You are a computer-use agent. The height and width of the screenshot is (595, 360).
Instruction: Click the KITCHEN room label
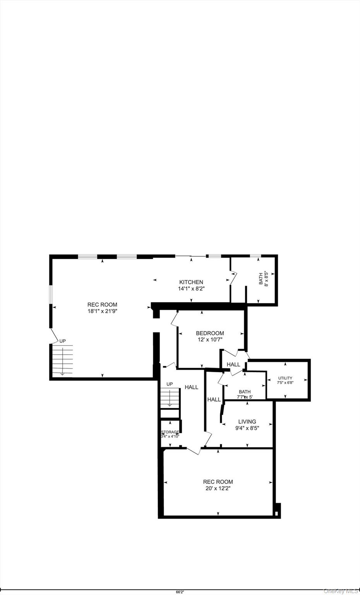pyautogui.click(x=191, y=282)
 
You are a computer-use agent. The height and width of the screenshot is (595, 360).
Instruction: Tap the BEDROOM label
pyautogui.click(x=210, y=333)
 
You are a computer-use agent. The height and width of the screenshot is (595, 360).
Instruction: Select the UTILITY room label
pyautogui.click(x=285, y=378)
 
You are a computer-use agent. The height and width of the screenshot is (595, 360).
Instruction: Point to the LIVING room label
pyautogui.click(x=247, y=421)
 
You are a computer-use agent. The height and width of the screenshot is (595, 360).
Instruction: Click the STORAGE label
pyautogui.click(x=170, y=432)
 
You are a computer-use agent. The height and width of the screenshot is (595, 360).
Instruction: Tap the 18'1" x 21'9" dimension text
pyautogui.click(x=102, y=311)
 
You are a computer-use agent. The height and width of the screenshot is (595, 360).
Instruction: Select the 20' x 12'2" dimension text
pyautogui.click(x=218, y=488)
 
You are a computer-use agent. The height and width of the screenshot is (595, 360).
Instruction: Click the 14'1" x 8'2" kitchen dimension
pyautogui.click(x=191, y=289)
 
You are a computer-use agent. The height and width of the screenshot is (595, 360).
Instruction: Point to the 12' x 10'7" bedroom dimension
pyautogui.click(x=210, y=339)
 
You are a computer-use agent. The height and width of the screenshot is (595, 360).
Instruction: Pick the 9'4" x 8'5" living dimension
pyautogui.click(x=247, y=428)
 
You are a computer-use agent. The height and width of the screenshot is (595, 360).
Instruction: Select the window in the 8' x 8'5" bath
pyautogui.click(x=255, y=256)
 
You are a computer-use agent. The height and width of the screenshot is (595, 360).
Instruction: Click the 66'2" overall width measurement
pyautogui.click(x=180, y=592)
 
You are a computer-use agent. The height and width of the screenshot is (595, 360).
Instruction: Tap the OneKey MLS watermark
pyautogui.click(x=341, y=591)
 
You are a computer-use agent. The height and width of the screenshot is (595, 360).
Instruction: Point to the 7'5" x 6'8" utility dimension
pyautogui.click(x=285, y=383)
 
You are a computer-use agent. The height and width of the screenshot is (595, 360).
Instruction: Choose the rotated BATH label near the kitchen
pyautogui.click(x=261, y=279)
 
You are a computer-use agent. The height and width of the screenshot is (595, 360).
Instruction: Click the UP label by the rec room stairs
pyautogui.click(x=62, y=341)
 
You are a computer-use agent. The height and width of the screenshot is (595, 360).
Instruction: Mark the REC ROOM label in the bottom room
pyautogui.click(x=218, y=482)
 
